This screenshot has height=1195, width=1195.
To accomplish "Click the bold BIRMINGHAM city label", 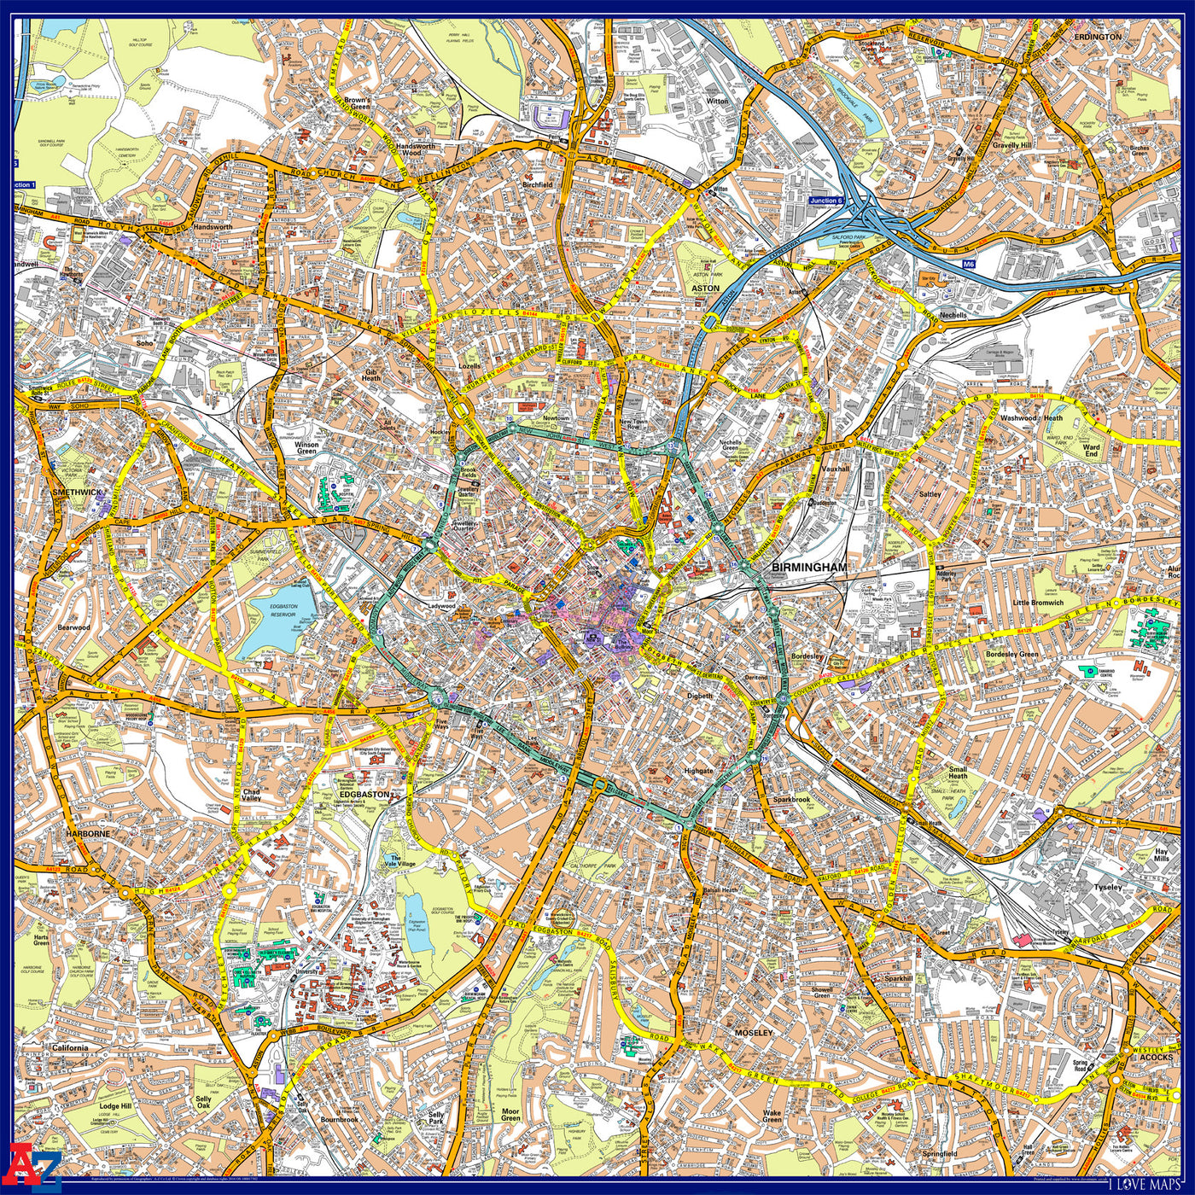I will tap(809, 567).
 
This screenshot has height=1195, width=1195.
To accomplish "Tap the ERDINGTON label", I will tap(1098, 38).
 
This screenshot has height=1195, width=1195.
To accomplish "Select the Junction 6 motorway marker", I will tap(825, 201).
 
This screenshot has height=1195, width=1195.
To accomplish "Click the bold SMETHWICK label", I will tap(76, 493).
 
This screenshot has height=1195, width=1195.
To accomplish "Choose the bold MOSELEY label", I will tap(753, 1033).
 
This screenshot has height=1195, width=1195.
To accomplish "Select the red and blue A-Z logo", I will tap(34, 1163).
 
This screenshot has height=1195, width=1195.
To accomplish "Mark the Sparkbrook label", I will tap(791, 800).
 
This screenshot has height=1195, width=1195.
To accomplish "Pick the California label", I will tap(70, 1048).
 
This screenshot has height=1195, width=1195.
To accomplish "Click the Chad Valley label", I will tap(252, 796).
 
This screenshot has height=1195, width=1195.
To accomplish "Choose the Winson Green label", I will tap(306, 447).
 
